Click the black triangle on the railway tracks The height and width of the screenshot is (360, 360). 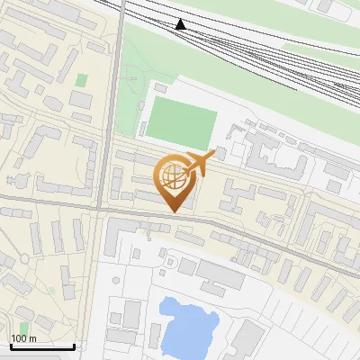coord(181,24)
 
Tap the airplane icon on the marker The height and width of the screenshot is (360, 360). coord(197,164)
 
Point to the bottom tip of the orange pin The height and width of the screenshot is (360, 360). coord(172,212)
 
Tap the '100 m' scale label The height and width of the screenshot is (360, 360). coord(23,338)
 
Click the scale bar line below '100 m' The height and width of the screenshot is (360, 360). coord(42,346)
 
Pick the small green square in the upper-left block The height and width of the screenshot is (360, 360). coord(82,80)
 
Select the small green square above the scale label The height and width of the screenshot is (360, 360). coord(24,326)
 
